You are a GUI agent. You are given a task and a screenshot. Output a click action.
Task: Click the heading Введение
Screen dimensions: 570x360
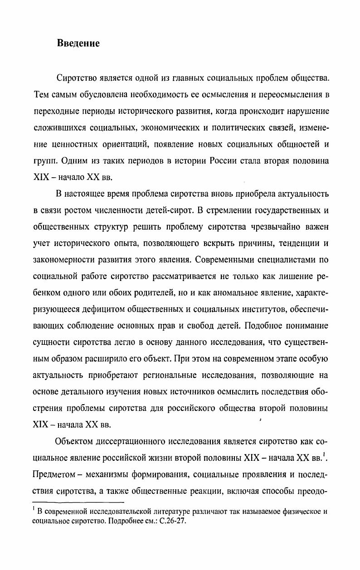click(78, 43)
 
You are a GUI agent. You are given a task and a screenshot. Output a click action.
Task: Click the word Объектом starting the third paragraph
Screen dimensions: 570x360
click(75, 442)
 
